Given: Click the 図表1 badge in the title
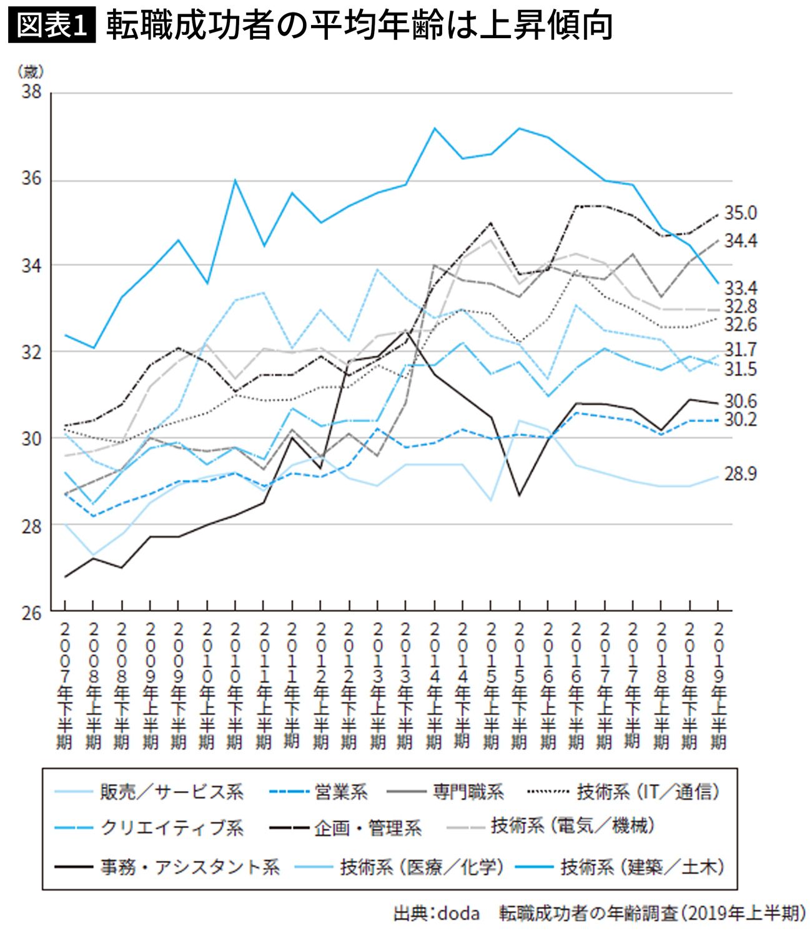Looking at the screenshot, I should tap(51, 26).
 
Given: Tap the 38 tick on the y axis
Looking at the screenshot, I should tap(31, 92).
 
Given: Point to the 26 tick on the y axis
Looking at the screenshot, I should tap(31, 613).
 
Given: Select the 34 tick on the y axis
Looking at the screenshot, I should tap(31, 266).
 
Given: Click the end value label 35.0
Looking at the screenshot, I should tap(740, 214).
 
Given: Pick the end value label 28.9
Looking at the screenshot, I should tap(740, 475).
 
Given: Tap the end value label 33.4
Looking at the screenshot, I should tap(740, 288).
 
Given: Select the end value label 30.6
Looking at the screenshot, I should tap(740, 401).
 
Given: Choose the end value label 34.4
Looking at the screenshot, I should tap(740, 241).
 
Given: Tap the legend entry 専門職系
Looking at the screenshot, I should tap(468, 792).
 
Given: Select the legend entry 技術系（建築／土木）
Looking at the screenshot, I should tap(642, 867).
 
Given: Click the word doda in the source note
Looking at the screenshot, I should tap(458, 914).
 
